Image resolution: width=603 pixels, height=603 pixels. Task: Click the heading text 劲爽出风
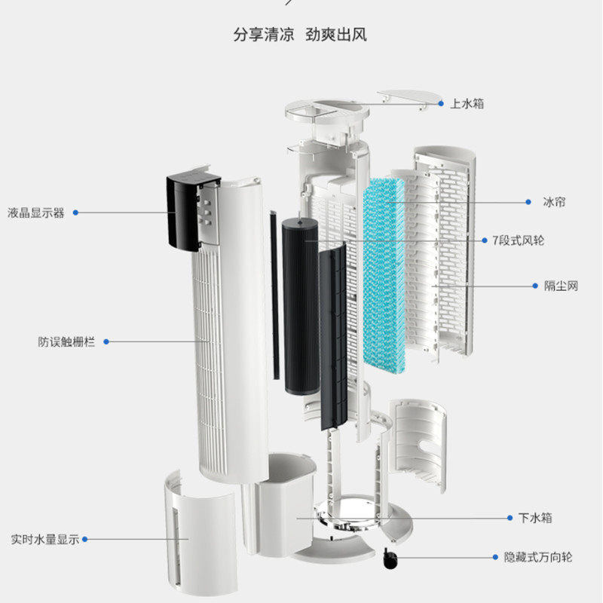pyautogui.click(x=336, y=35)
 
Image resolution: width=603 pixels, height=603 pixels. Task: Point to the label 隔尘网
pyautogui.click(x=561, y=286)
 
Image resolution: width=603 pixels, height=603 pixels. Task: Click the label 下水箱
pyautogui.click(x=535, y=518)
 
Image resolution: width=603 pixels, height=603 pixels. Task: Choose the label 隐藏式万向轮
pyautogui.click(x=537, y=558)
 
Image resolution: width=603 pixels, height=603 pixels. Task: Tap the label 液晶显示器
pyautogui.click(x=36, y=213)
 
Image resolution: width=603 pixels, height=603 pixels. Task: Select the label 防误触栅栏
pyautogui.click(x=67, y=341)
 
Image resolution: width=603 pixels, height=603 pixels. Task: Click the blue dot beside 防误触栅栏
pyautogui.click(x=106, y=341)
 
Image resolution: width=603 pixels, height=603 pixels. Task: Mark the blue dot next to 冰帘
pyautogui.click(x=525, y=202)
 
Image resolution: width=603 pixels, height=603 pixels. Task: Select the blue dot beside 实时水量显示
pyautogui.click(x=85, y=539)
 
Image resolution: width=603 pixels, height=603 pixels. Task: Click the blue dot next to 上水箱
pyautogui.click(x=443, y=103)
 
